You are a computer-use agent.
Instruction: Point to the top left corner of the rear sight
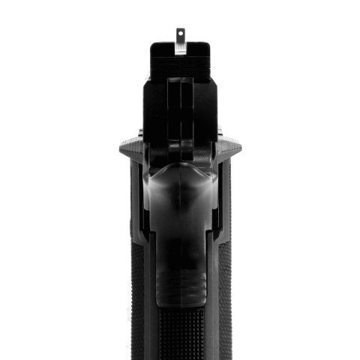[152, 44]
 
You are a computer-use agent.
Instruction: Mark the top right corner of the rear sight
[208, 44]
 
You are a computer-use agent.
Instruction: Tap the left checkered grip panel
[138, 300]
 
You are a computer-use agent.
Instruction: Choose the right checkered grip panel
[223, 300]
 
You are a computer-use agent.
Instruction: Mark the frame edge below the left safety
[134, 195]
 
